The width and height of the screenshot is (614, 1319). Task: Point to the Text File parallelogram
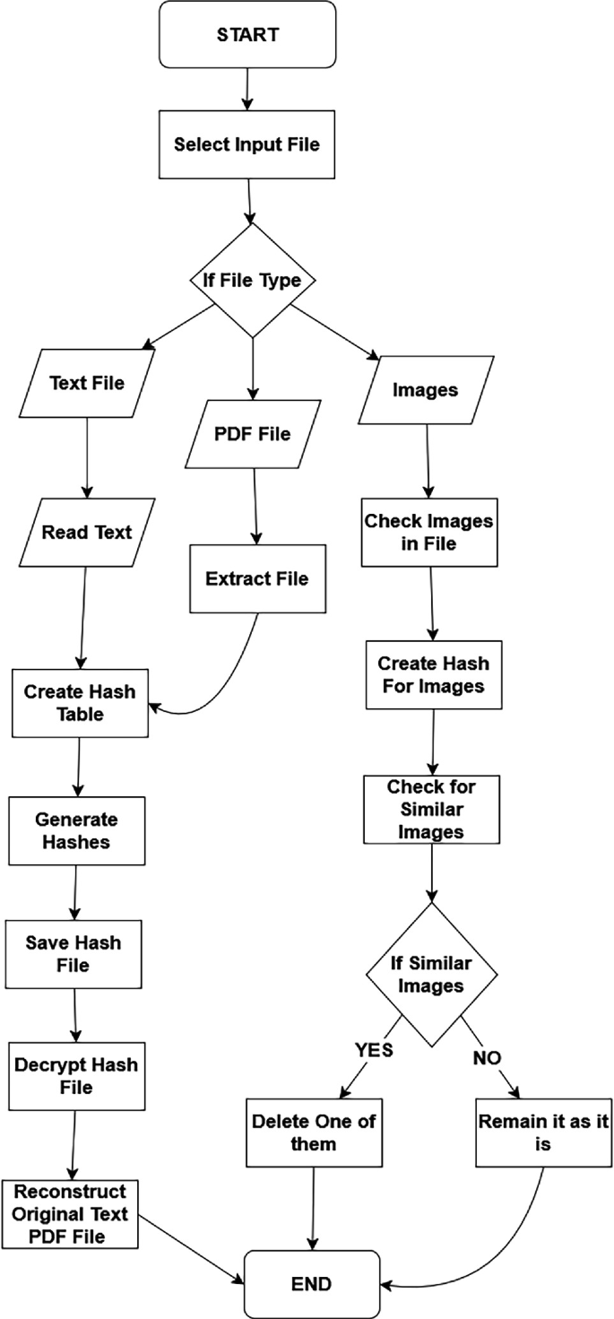(x=86, y=383)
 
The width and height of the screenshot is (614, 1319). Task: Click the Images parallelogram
(x=426, y=390)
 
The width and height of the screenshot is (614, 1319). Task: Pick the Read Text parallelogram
(x=86, y=532)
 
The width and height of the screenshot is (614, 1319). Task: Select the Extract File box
(x=256, y=578)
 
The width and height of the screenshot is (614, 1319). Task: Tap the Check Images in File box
(x=428, y=531)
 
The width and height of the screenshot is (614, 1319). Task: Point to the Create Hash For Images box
(x=433, y=675)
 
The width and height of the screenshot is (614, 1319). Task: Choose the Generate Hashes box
(x=76, y=830)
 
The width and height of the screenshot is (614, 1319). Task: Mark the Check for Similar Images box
(x=431, y=809)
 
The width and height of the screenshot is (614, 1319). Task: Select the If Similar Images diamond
(x=432, y=975)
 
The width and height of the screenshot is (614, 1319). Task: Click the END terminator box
(x=311, y=1284)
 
